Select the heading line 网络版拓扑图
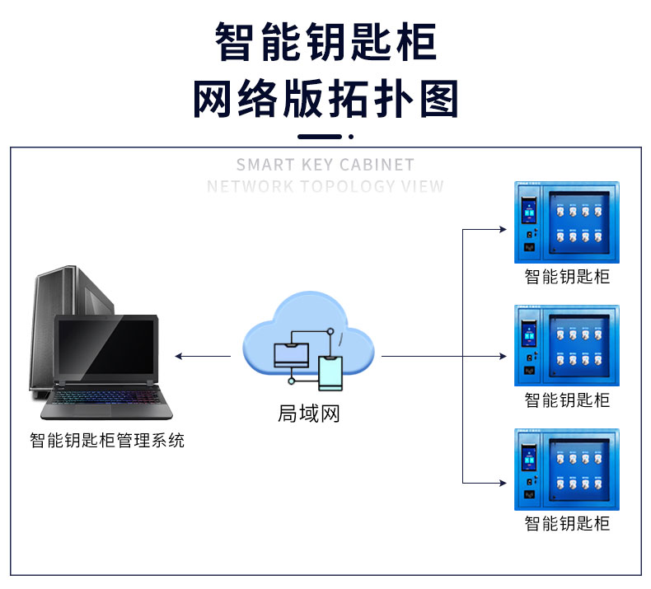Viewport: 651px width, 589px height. point(325,99)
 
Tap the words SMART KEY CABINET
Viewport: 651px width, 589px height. point(325,165)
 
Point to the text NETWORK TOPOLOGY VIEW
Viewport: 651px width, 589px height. point(325,186)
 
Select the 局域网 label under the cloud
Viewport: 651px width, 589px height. point(309,414)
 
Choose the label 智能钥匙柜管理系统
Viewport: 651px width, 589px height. point(107,441)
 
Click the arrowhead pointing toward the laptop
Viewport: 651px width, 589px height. point(179,356)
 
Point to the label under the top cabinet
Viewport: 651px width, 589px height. point(567,277)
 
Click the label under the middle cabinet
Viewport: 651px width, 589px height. point(567,400)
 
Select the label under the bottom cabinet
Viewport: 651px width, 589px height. point(567,524)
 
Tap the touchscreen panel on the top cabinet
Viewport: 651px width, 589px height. point(528,210)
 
